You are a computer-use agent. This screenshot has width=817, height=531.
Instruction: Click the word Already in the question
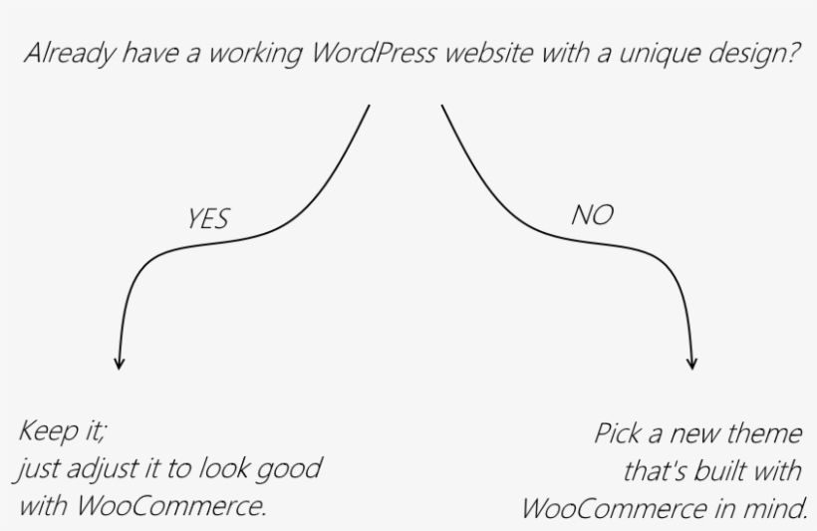70,54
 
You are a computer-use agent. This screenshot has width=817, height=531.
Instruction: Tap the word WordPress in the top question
373,53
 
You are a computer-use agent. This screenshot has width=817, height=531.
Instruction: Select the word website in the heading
489,53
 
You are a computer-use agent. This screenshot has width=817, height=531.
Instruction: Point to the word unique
658,54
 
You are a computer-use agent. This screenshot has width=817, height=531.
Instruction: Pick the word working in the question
255,54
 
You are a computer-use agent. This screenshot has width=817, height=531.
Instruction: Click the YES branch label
208,218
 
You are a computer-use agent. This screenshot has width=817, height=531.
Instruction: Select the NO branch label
593,215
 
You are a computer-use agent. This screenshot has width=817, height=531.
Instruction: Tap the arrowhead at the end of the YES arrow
120,364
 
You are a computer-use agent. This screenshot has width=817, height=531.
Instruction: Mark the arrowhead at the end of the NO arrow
692,364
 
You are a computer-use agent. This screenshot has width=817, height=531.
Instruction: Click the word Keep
48,432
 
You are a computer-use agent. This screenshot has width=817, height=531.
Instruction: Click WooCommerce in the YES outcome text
171,505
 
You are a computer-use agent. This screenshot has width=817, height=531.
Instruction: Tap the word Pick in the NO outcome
617,433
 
